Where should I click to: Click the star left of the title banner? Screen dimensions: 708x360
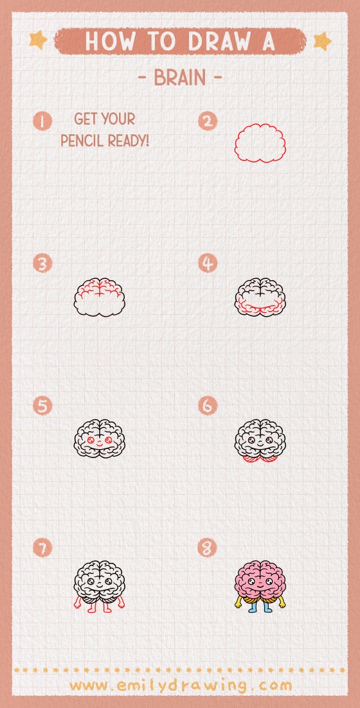point(39,40)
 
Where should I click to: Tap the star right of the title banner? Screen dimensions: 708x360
point(321,41)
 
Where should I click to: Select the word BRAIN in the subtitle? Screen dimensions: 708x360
point(180,78)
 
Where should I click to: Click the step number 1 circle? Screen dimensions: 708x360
point(42,121)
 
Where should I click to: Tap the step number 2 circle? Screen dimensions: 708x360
point(208,121)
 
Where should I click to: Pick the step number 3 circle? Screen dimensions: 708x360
point(42,263)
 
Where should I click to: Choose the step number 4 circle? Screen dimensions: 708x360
point(208,263)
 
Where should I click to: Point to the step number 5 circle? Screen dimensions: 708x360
point(42,406)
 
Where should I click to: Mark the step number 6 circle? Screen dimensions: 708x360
point(208,406)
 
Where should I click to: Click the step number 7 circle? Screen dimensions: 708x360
point(42,548)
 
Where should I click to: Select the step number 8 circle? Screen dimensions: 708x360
point(208,548)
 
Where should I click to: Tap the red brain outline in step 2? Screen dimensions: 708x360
point(260,143)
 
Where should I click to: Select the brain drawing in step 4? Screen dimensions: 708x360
point(260,297)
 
